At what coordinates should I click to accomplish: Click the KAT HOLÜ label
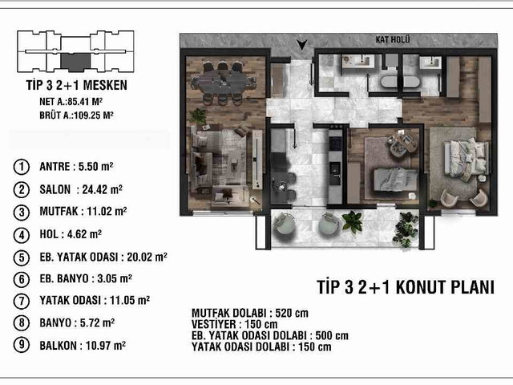(393, 39)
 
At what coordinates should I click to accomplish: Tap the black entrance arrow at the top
(302, 45)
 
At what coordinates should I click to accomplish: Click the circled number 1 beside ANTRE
(22, 167)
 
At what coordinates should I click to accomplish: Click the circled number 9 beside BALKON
(22, 345)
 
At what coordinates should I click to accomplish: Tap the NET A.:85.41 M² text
(71, 102)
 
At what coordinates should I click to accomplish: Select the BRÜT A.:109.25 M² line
(76, 115)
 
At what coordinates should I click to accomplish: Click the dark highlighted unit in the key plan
(75, 62)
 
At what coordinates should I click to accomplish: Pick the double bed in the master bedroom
(466, 159)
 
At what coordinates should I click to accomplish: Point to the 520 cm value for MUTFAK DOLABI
(292, 314)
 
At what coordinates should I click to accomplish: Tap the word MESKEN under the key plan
(105, 85)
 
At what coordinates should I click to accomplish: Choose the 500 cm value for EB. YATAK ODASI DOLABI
(332, 335)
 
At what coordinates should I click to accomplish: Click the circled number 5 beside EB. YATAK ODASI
(22, 257)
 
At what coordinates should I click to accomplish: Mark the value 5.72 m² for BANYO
(97, 322)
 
